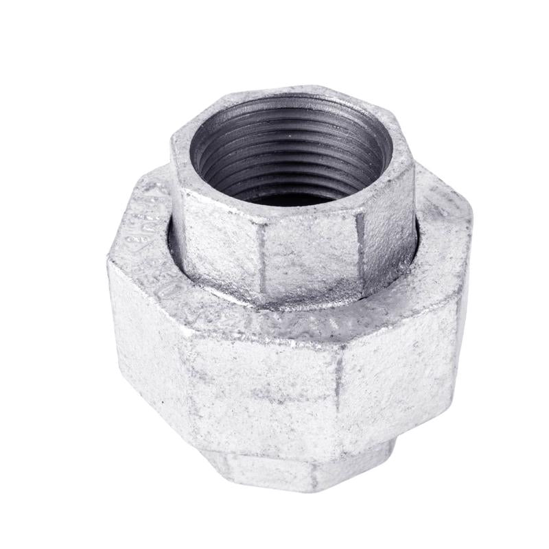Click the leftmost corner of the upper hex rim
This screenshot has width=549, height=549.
(172, 141)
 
